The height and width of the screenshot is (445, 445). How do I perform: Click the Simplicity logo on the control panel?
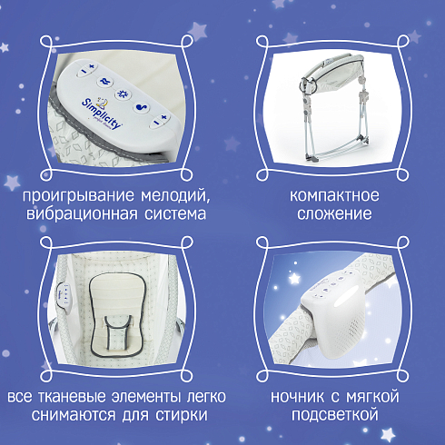[x=102, y=112]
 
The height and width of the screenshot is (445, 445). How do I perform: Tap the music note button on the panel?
[x=142, y=107]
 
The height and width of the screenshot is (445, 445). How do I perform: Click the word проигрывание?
[x=78, y=196]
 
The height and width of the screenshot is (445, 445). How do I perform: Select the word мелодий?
[x=175, y=195]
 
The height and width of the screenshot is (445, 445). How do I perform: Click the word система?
[x=175, y=214]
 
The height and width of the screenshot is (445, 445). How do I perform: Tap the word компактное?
[x=334, y=195]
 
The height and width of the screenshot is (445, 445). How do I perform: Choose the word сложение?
[x=334, y=214]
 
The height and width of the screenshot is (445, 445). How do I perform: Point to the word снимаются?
[x=74, y=415]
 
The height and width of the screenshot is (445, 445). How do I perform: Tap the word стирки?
[x=182, y=415]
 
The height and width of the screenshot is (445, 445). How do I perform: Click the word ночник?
[x=296, y=397]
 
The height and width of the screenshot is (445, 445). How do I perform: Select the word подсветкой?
[x=335, y=415]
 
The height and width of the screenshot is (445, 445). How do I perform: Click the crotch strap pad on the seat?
[x=118, y=332]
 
